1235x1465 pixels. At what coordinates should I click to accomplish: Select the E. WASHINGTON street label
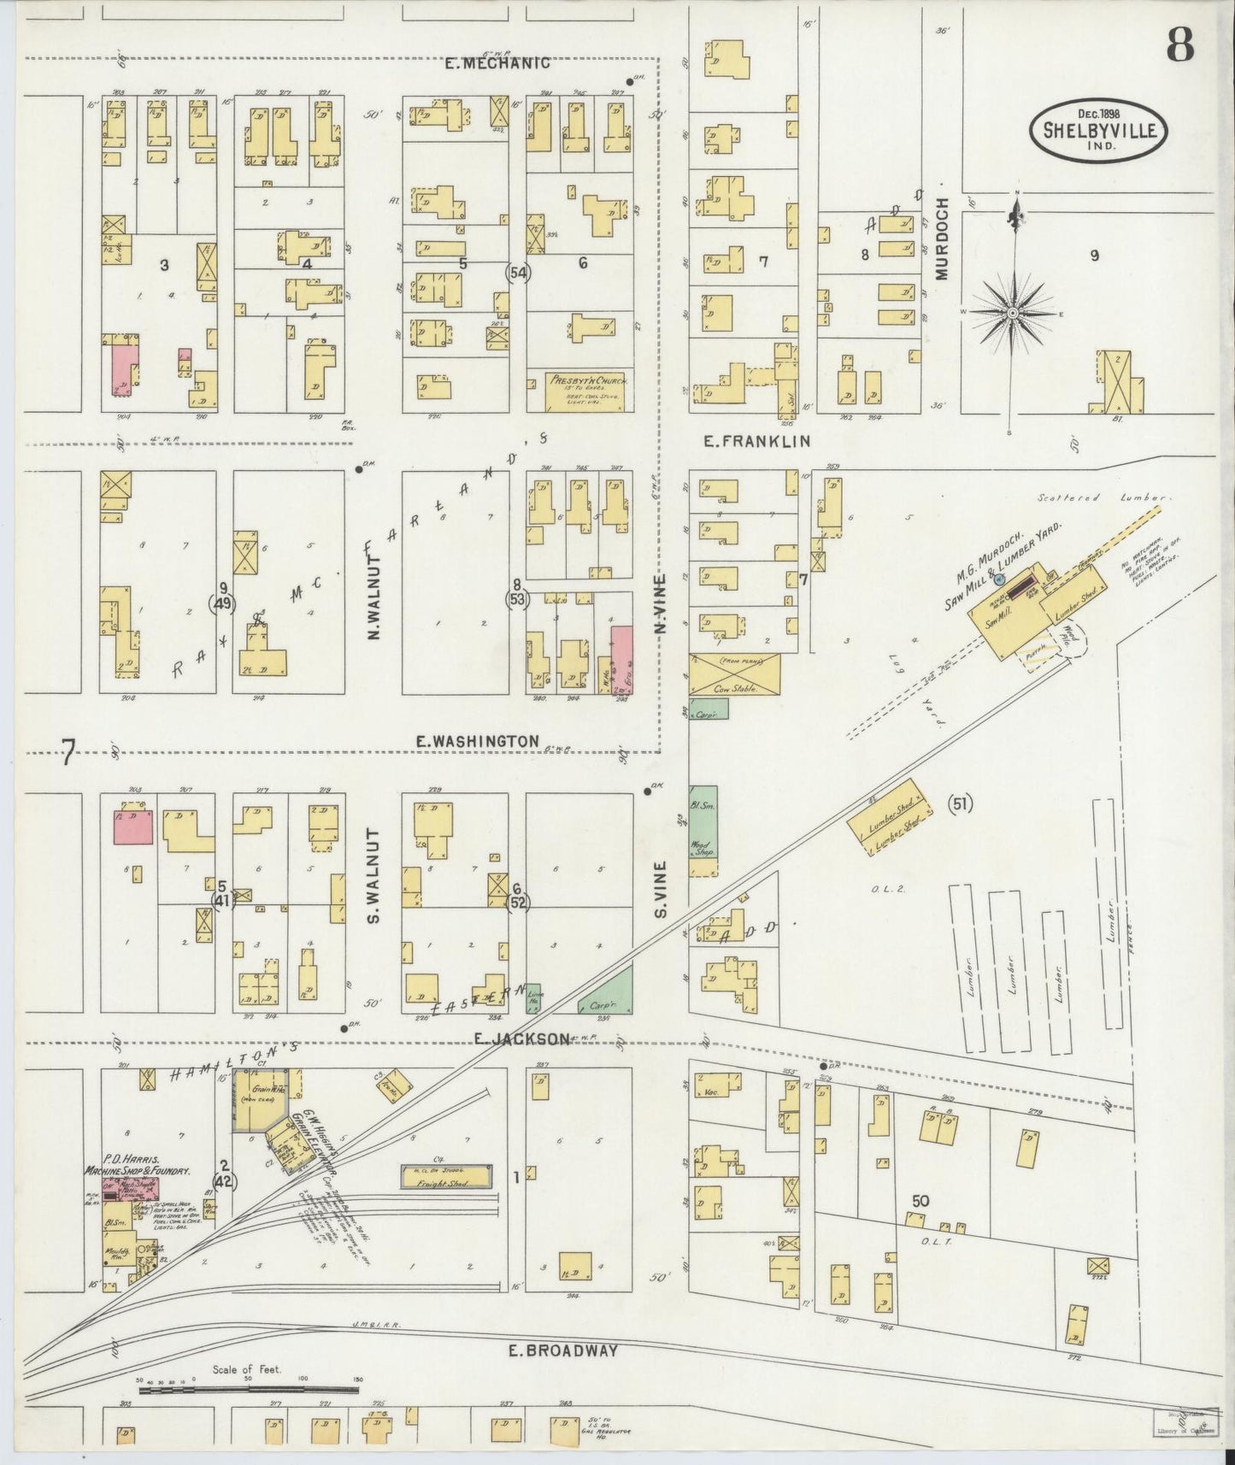(478, 741)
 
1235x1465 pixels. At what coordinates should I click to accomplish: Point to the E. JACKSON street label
(520, 1038)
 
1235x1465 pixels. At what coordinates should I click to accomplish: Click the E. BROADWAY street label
(562, 1350)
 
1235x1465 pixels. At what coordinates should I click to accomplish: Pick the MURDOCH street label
(942, 239)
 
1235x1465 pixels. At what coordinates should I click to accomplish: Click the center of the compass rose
(1013, 314)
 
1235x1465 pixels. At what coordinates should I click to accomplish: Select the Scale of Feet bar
(248, 1390)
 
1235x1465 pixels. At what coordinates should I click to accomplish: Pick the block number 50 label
(919, 1201)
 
